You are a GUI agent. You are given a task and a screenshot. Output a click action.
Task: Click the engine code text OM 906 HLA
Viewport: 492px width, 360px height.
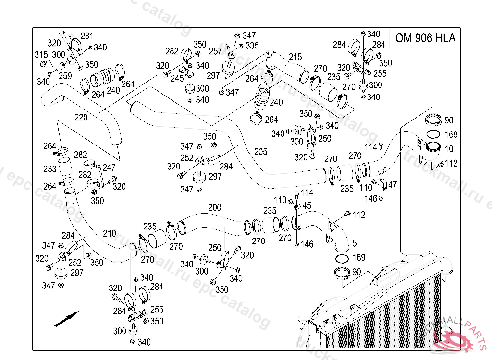(425, 38)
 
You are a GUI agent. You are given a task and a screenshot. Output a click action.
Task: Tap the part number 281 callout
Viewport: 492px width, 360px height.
(87, 36)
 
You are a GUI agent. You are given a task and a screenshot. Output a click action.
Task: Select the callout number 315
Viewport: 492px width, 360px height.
(41, 55)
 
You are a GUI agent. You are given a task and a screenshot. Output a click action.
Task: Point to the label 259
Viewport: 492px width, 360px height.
(65, 76)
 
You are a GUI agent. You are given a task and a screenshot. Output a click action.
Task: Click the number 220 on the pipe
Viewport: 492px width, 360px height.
(81, 117)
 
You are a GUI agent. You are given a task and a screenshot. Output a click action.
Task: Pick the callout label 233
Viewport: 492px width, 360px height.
(50, 169)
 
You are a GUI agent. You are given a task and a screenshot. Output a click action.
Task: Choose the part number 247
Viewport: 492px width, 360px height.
(109, 168)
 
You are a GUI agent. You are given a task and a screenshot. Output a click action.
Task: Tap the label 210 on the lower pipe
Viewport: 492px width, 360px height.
(109, 234)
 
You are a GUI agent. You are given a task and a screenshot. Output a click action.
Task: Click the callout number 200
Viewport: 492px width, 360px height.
(214, 207)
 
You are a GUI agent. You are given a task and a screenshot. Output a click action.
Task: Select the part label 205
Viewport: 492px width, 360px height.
(260, 152)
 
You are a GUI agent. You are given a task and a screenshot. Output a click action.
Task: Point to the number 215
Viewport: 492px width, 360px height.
(295, 57)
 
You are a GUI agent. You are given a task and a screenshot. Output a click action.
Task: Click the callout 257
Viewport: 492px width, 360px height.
(216, 51)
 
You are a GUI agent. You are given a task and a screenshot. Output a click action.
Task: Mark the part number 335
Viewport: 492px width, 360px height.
(252, 46)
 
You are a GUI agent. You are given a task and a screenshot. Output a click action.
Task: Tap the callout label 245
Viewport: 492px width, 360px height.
(177, 78)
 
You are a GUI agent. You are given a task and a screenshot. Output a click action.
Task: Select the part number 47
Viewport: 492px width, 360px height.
(393, 184)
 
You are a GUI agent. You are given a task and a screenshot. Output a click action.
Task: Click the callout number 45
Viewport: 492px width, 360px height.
(307, 206)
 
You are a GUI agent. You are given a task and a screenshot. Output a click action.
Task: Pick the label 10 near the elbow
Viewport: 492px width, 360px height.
(449, 149)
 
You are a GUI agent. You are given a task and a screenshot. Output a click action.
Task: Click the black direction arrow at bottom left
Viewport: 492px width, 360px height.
(66, 319)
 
